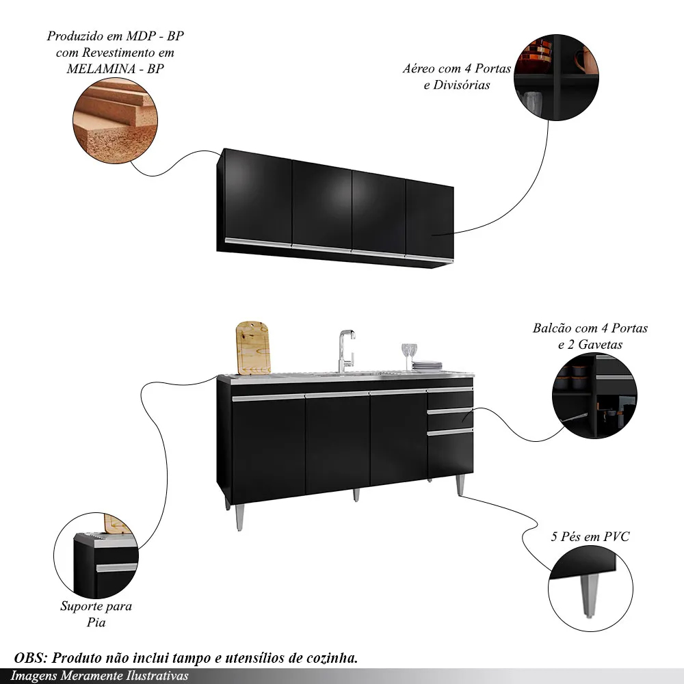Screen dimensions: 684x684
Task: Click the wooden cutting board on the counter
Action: click(252, 348)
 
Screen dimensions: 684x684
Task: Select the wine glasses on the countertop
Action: click(409, 356)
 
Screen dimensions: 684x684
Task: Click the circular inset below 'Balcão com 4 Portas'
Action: click(594, 397)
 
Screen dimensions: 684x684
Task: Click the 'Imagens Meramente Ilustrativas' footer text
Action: click(99, 676)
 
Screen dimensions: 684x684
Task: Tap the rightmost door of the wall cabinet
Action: click(430, 219)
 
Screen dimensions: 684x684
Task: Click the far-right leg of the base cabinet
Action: click(461, 484)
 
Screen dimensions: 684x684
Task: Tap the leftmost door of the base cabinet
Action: click(267, 445)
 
